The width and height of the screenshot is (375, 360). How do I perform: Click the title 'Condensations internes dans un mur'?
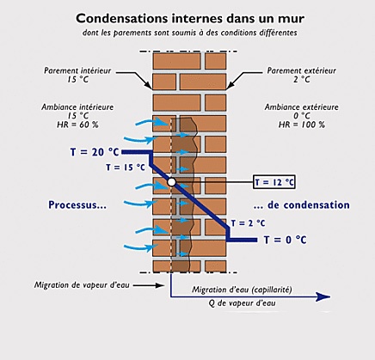click(x=190, y=19)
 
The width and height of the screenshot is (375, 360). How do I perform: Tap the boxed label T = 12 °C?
click(x=274, y=182)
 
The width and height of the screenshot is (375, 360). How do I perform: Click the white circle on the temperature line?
click(x=171, y=182)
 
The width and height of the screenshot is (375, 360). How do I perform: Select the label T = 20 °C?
click(x=95, y=152)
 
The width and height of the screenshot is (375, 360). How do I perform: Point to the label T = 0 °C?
click(x=285, y=240)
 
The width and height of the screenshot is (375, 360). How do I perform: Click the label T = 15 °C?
click(x=126, y=168)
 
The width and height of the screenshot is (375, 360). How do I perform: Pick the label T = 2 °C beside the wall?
click(x=248, y=223)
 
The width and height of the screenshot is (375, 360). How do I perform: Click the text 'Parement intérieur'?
click(x=77, y=70)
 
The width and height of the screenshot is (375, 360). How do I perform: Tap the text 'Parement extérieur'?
click(x=301, y=70)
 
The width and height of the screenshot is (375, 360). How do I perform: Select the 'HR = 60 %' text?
click(x=77, y=125)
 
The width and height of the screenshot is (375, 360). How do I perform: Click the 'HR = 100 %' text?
click(x=302, y=125)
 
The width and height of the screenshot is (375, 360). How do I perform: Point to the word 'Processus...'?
click(x=77, y=205)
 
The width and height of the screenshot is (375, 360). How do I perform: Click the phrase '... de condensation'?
click(x=302, y=205)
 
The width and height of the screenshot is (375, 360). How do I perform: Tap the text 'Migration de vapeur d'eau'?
click(x=82, y=285)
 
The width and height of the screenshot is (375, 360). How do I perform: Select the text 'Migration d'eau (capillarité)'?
click(x=242, y=290)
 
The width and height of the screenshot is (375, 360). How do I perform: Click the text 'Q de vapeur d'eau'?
click(x=242, y=303)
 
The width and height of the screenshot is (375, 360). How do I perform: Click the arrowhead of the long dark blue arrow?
click(x=323, y=297)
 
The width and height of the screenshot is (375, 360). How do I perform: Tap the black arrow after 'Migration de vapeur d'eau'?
click(x=149, y=285)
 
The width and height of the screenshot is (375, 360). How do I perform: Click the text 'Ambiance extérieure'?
click(x=301, y=107)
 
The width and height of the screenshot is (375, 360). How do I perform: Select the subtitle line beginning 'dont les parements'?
click(x=190, y=33)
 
